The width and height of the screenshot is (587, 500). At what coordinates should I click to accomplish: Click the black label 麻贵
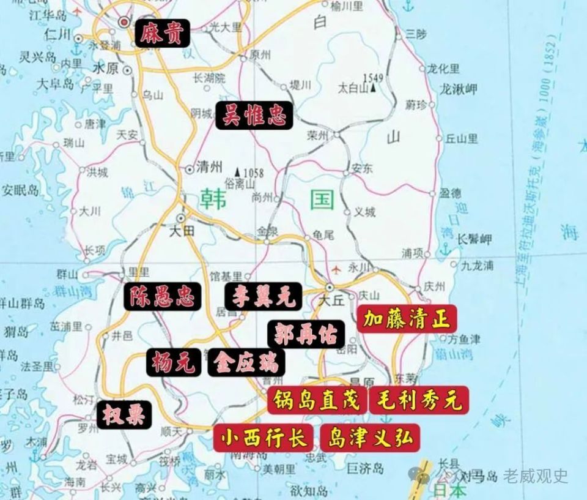161,32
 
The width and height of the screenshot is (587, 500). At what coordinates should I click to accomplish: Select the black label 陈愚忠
161,297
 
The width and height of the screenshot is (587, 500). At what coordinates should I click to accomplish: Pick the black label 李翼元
263,297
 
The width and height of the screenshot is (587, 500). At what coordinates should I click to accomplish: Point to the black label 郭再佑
306,333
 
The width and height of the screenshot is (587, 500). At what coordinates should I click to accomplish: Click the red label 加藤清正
407,319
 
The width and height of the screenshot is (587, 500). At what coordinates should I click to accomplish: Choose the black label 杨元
174,363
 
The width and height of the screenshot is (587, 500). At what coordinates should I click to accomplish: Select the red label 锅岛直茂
316,401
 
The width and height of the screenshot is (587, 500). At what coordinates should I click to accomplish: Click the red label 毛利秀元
419,401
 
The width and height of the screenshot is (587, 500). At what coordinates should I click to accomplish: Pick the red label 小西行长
264,438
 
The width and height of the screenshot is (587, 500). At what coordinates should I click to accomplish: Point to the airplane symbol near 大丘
336,268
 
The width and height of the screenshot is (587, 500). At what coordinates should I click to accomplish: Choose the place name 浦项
413,252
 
